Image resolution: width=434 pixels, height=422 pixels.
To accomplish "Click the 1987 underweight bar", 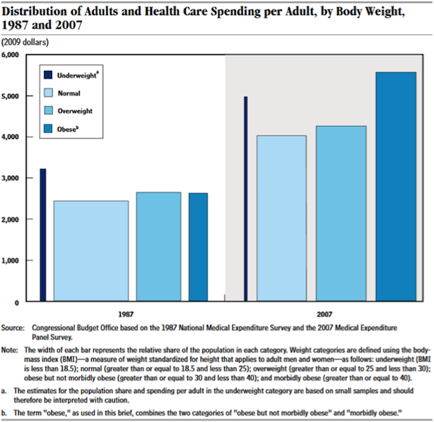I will (43, 235).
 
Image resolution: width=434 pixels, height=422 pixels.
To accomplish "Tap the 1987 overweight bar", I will (158, 246).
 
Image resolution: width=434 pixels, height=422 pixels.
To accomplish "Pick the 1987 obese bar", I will (198, 247).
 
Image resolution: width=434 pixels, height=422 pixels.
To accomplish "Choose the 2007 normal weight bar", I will (281, 218).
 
